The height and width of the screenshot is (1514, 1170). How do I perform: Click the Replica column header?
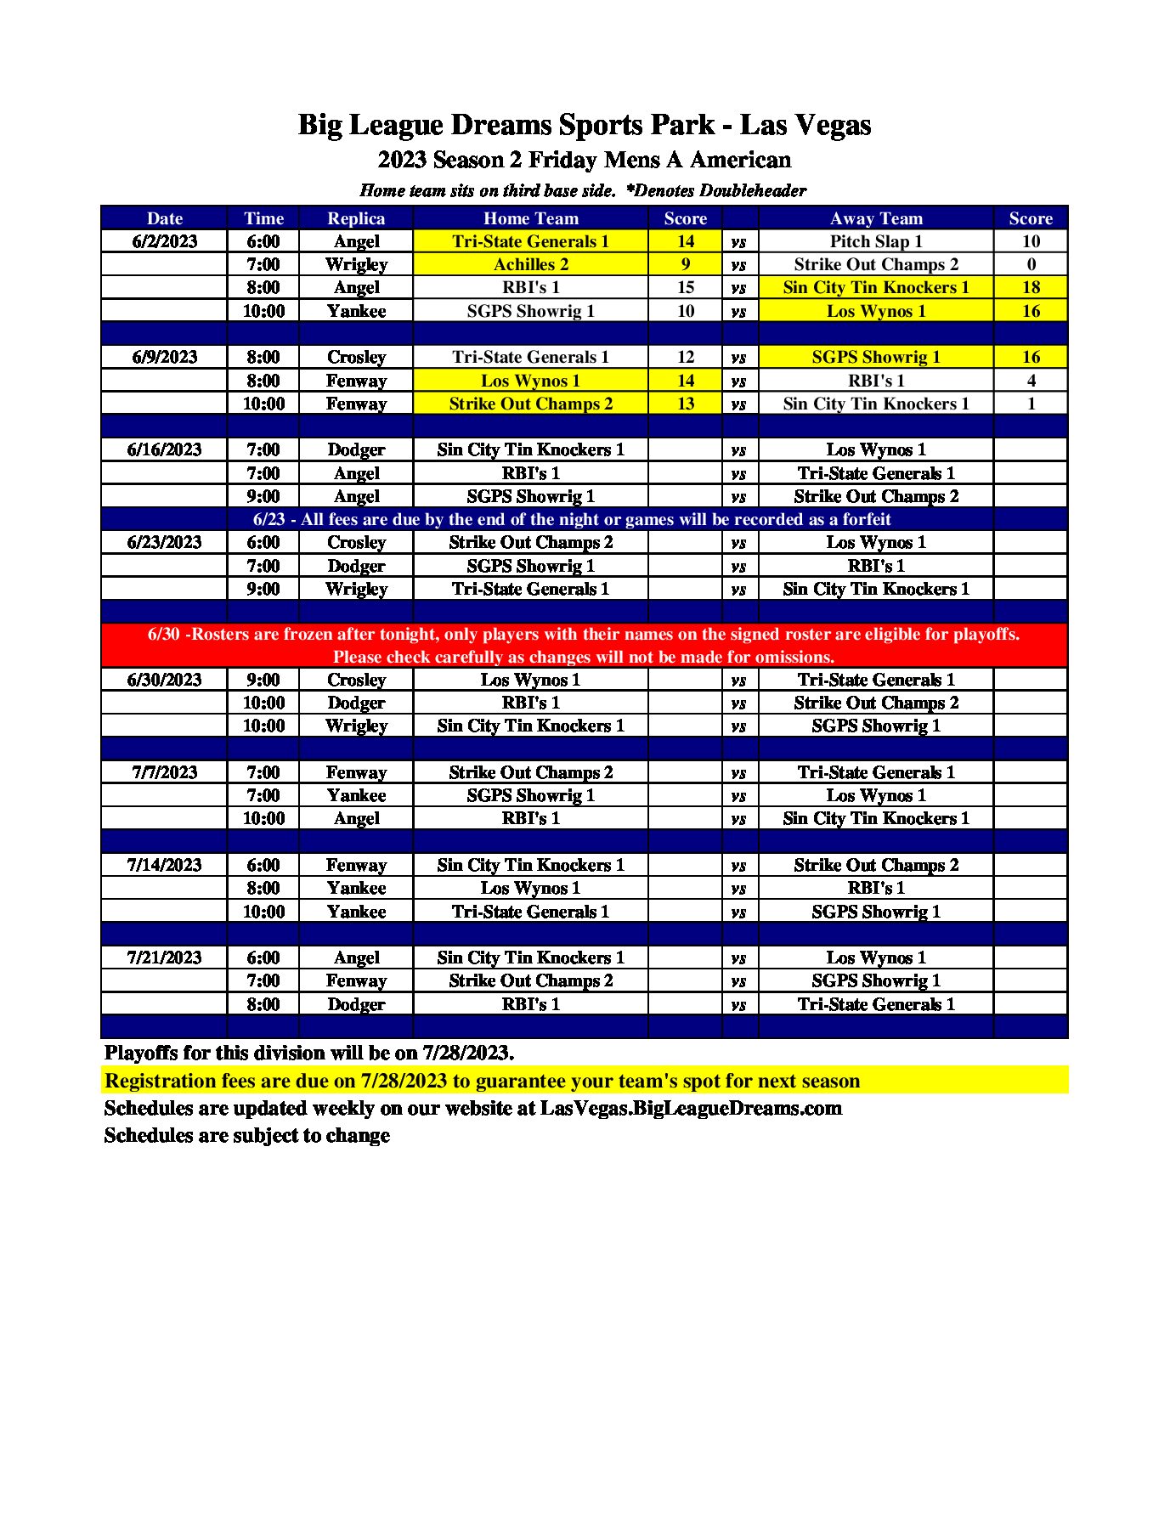tap(356, 218)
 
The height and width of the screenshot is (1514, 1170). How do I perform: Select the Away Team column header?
tap(875, 218)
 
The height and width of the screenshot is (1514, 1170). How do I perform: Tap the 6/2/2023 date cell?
tap(164, 241)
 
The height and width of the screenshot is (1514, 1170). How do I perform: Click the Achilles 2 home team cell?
tap(530, 264)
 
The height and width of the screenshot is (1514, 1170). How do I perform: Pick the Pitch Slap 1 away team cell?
tap(875, 241)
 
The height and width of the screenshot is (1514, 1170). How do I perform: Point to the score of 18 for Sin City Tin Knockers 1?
tap(1031, 287)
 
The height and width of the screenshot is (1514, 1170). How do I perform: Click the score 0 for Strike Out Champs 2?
tap(1031, 264)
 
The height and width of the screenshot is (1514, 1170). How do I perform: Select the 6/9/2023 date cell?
tap(164, 357)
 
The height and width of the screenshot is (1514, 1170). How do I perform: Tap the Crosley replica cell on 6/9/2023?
tap(356, 357)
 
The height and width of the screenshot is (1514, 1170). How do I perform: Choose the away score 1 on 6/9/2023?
tap(1031, 404)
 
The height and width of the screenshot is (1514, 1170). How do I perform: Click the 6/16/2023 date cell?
tap(164, 449)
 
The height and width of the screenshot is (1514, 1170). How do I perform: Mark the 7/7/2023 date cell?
tap(164, 772)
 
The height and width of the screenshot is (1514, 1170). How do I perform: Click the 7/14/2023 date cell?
tap(164, 865)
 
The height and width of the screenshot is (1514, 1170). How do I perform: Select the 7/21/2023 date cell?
tap(164, 958)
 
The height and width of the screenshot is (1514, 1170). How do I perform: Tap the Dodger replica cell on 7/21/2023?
tap(356, 1004)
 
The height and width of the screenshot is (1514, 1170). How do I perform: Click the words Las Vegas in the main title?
tap(805, 125)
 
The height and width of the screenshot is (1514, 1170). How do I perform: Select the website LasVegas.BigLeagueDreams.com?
tap(691, 1109)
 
